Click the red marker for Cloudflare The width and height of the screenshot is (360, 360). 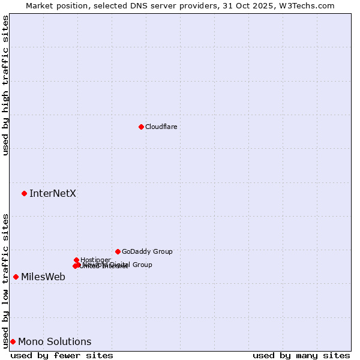(141, 127)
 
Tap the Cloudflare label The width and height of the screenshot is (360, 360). (161, 127)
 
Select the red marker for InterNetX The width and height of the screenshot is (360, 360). (24, 193)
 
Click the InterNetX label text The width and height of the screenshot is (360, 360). (53, 193)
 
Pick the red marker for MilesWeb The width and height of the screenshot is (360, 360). (16, 277)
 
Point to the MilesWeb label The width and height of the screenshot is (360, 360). (43, 277)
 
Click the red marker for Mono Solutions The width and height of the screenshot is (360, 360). (13, 341)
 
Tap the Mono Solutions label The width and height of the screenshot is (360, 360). (55, 341)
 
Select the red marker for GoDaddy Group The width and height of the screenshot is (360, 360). (118, 251)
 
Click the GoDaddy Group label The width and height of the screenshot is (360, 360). (147, 251)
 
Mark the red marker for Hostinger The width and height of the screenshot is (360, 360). (76, 260)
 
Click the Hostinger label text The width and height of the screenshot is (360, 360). (95, 260)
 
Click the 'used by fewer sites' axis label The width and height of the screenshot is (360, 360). (62, 355)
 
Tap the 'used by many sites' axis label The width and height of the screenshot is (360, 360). (301, 355)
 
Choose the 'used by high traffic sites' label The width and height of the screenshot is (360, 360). (5, 85)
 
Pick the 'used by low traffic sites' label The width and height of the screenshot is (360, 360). (5, 280)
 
